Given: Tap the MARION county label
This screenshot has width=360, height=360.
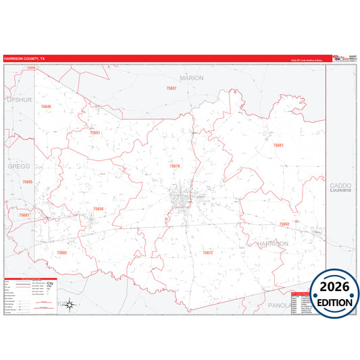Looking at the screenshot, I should tap(191, 78).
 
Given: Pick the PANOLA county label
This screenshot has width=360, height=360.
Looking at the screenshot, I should tap(278, 305).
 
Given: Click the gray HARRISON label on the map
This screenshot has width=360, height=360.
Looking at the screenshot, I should tap(273, 243).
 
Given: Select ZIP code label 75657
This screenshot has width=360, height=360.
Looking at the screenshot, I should tap(172, 88).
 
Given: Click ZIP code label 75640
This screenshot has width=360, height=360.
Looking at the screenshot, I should tap(45, 107).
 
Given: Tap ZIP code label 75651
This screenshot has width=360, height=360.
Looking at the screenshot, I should tap(95, 132).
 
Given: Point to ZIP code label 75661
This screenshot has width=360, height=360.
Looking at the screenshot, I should tap(278, 145).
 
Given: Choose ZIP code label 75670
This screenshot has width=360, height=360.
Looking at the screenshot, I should tap(175, 166).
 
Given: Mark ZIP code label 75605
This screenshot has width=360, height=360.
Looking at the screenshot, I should tap(27, 182).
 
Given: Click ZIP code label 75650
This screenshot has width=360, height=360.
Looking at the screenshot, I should tap(99, 209).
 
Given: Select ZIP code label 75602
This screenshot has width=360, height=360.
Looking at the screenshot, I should tap(62, 252).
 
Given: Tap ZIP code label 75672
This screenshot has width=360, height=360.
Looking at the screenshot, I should tap(207, 252).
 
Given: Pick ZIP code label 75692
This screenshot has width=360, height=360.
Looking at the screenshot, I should tap(284, 224).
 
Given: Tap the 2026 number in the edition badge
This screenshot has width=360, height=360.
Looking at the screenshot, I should tap(334, 287).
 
